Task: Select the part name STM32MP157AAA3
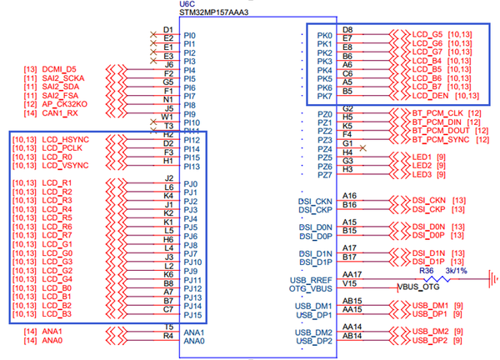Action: coord(214,14)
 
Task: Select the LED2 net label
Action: coord(422,166)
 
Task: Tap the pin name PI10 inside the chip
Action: coord(192,122)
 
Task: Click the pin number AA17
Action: coord(352,274)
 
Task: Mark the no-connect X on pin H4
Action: coord(364,148)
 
